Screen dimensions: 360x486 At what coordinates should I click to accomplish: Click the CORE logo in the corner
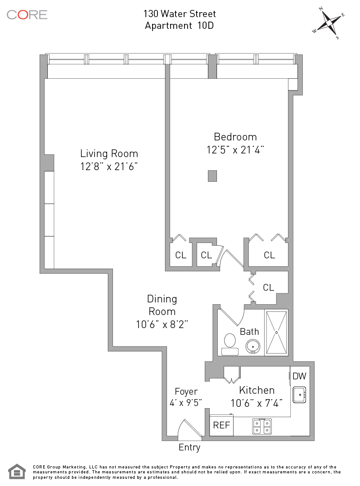click(27, 14)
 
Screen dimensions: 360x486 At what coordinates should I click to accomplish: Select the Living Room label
click(109, 153)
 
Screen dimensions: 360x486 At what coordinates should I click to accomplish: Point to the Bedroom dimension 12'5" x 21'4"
click(235, 150)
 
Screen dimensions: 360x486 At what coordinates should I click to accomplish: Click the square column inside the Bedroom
click(212, 176)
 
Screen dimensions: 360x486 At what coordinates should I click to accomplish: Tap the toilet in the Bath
click(230, 344)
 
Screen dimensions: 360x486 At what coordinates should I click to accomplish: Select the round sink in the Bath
click(253, 346)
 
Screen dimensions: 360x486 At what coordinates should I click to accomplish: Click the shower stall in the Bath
click(276, 332)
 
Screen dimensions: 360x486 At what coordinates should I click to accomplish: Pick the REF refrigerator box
click(221, 425)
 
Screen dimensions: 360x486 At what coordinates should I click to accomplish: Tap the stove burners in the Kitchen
click(262, 426)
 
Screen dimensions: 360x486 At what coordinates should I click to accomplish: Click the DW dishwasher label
click(299, 376)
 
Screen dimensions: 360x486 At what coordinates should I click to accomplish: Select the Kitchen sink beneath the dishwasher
click(299, 395)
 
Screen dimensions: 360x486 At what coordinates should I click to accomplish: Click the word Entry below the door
click(189, 447)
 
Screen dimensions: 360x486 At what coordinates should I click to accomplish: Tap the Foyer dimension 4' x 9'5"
click(186, 403)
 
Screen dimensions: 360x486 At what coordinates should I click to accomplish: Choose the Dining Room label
click(162, 305)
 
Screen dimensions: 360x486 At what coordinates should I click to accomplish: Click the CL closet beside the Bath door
click(269, 288)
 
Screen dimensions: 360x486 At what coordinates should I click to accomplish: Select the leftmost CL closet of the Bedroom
click(181, 255)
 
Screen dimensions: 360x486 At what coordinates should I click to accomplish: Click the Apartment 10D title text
click(179, 25)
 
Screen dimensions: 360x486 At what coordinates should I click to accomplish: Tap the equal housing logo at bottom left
click(17, 472)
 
